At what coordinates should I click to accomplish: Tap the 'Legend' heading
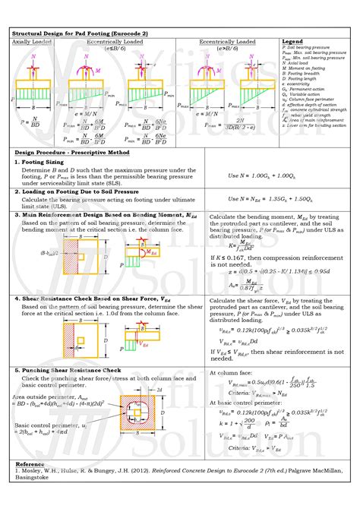[292, 41]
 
